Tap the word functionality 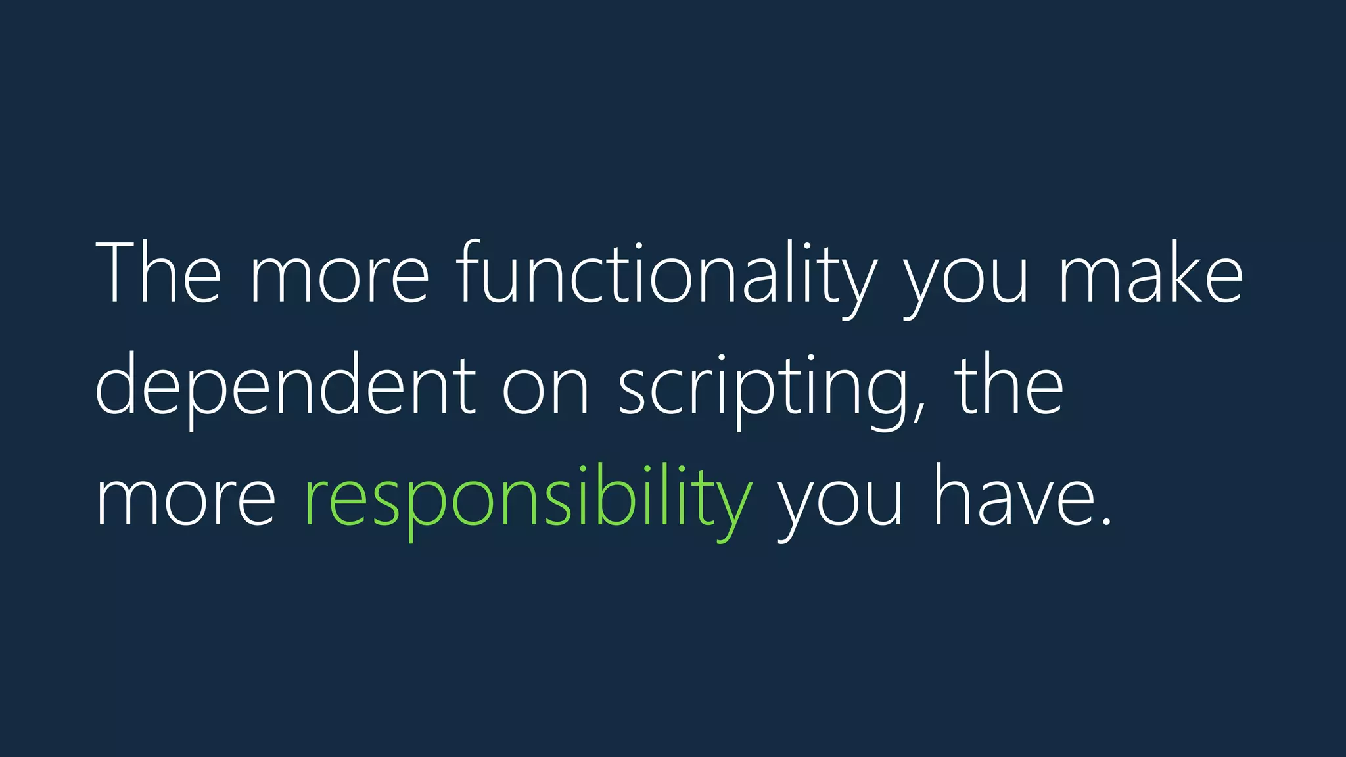click(666, 276)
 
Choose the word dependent click(286, 388)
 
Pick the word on click(545, 391)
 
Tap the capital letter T click(119, 273)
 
